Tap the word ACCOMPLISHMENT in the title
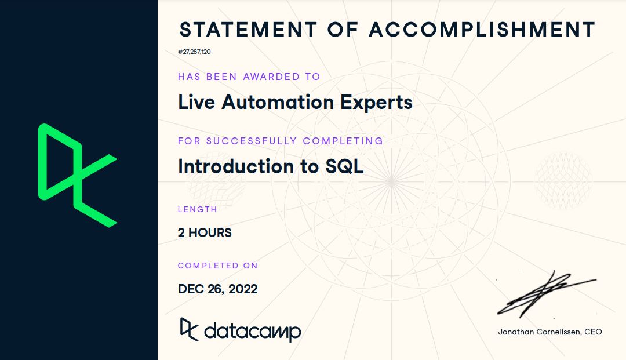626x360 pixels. (x=483, y=29)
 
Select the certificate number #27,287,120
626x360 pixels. (x=194, y=52)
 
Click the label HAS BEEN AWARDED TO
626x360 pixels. (x=249, y=77)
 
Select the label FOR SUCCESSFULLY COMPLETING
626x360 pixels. (x=281, y=141)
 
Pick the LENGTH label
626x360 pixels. (x=198, y=209)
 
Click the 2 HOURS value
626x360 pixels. (x=205, y=233)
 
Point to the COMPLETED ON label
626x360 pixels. (x=217, y=266)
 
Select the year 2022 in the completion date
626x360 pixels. (x=242, y=289)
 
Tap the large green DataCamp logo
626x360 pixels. (x=77, y=174)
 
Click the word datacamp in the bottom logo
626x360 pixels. (x=252, y=331)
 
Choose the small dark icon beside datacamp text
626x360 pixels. (x=189, y=329)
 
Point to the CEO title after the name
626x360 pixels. (x=594, y=332)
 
